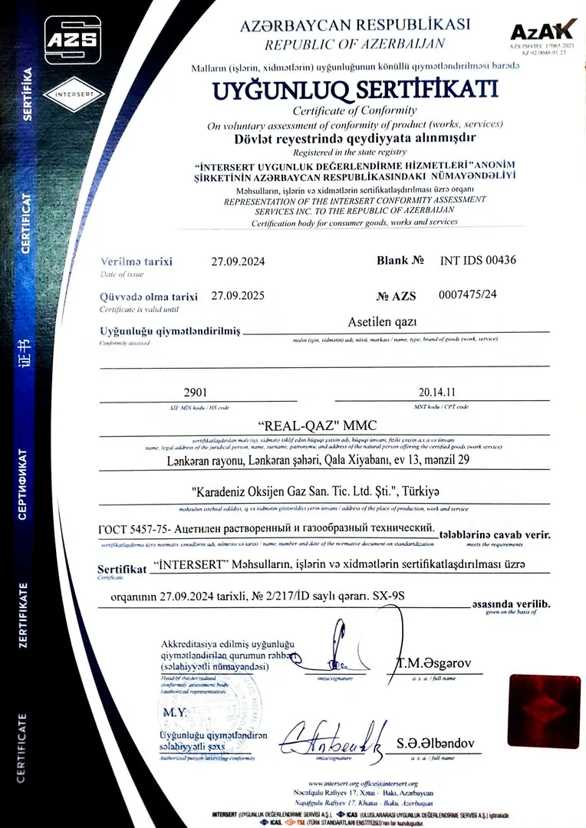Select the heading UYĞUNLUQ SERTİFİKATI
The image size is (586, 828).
click(x=354, y=90)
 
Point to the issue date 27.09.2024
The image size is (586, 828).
click(x=238, y=261)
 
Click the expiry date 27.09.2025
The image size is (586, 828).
click(x=238, y=296)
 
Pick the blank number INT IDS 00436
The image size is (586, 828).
click(x=478, y=260)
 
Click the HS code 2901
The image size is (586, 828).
click(x=197, y=393)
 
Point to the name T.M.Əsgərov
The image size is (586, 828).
click(x=433, y=663)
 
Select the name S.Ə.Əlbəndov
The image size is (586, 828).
click(x=436, y=744)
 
